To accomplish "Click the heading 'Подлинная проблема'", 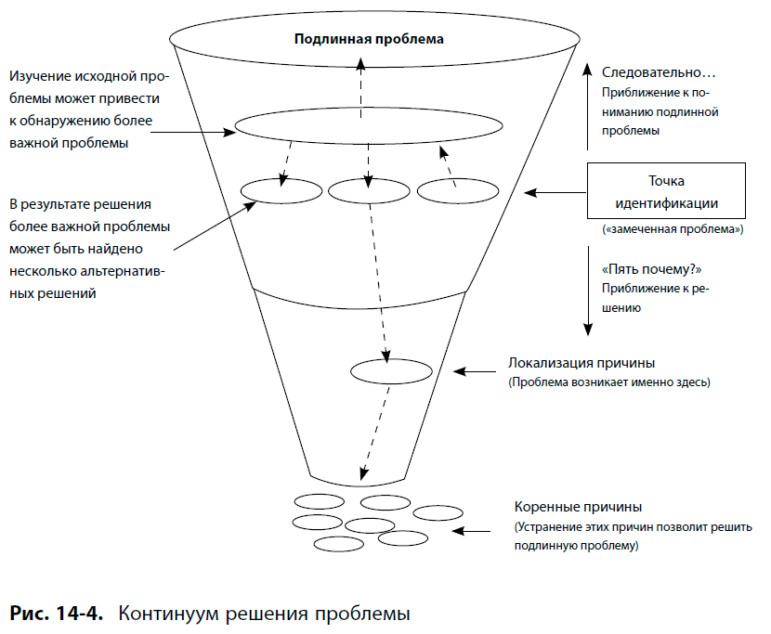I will [x=369, y=39].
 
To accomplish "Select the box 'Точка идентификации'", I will [x=665, y=192].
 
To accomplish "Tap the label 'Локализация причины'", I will [x=587, y=363].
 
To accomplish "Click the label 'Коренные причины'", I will [x=578, y=507].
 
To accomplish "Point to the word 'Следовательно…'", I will [x=660, y=71].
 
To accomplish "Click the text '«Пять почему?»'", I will [x=651, y=268].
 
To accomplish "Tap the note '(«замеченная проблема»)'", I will [x=673, y=228].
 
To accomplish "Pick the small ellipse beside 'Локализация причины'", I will [x=391, y=371].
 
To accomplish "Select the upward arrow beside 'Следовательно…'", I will [x=586, y=107].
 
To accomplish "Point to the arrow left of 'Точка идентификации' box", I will [x=556, y=192].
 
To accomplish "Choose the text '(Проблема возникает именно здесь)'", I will [x=608, y=382].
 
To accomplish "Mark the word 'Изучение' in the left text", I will [x=37, y=77].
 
